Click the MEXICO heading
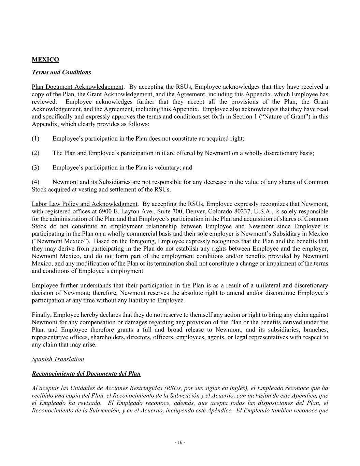[x=45, y=60]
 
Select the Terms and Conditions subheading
[x=61, y=72]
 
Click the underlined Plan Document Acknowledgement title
[x=77, y=87]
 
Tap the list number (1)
[x=35, y=139]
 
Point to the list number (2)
[x=35, y=153]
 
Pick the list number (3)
[x=35, y=168]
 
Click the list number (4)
[x=35, y=182]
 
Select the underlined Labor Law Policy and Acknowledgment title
[x=84, y=204]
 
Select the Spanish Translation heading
[x=58, y=359]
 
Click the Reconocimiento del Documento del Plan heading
[x=86, y=373]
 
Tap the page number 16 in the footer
[x=180, y=442]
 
